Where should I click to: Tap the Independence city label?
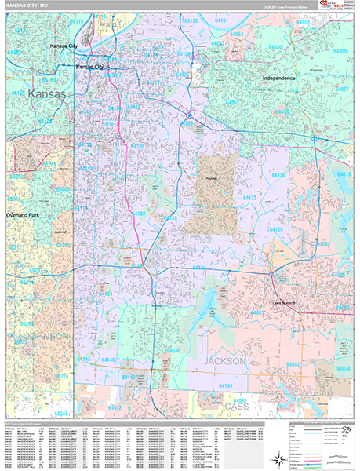278,78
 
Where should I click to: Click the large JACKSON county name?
224,360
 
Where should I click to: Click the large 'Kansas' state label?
47,94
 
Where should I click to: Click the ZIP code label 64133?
248,198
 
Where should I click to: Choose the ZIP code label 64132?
138,214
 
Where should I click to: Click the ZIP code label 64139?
276,229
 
